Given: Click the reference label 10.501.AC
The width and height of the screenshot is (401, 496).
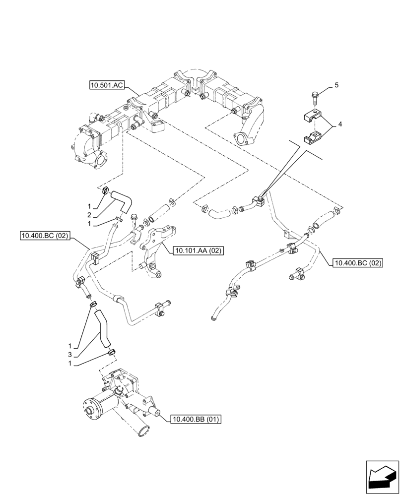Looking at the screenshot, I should tap(106, 85).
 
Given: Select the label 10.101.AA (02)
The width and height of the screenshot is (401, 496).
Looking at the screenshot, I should tap(198, 251).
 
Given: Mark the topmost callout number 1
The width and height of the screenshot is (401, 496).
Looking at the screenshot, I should tap(90, 206).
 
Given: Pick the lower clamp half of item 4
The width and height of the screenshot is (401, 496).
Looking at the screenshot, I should tap(308, 136).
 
